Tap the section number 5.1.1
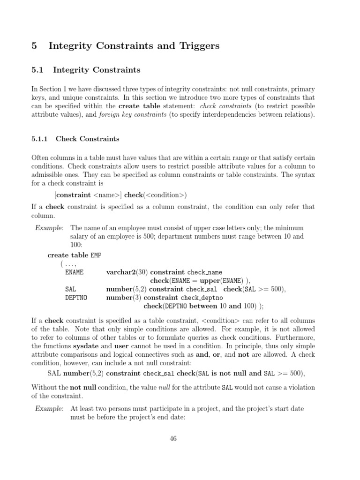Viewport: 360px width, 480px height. coord(41,139)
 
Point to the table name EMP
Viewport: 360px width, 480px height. coord(96,255)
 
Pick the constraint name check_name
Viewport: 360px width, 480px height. coord(204,272)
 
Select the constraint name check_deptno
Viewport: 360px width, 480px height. coord(202,298)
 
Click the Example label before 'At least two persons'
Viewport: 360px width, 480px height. coord(49,409)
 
